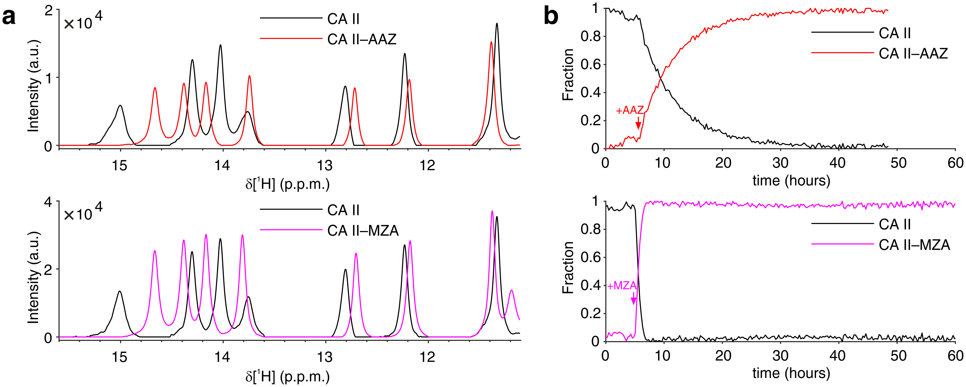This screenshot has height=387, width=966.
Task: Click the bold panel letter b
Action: click(x=551, y=17)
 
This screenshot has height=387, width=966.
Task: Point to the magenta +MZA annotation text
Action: click(x=621, y=286)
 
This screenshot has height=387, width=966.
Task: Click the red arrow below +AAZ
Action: click(x=638, y=123)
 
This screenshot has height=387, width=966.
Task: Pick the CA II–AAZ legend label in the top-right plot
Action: click(x=913, y=54)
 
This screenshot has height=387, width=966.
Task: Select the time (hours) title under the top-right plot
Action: click(x=791, y=181)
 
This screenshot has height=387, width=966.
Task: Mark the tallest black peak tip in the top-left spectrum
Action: click(x=497, y=24)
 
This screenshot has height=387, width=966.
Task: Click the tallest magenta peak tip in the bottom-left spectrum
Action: click(x=492, y=211)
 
